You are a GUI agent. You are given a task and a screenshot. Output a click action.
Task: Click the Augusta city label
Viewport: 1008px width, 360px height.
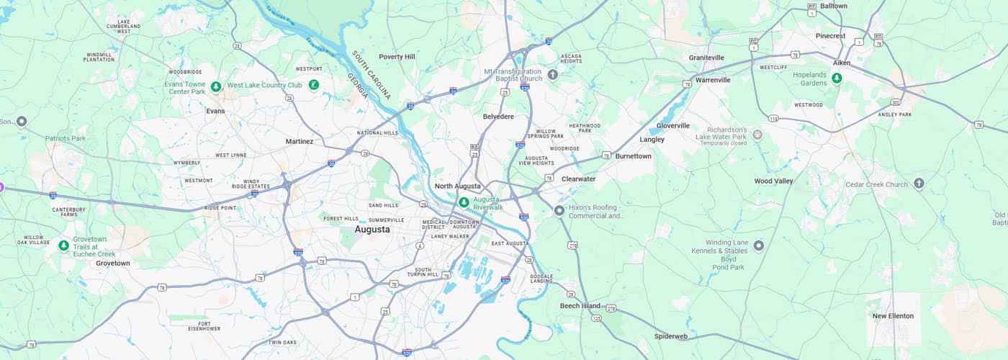click(x=372, y=230)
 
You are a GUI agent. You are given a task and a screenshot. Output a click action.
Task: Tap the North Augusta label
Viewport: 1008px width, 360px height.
click(x=457, y=186)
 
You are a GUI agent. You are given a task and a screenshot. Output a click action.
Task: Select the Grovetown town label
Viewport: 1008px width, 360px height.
click(x=113, y=264)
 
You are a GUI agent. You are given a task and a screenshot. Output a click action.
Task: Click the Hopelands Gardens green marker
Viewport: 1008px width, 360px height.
click(x=837, y=78)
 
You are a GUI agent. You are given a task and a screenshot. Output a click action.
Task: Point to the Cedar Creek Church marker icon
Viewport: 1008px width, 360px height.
click(x=919, y=184)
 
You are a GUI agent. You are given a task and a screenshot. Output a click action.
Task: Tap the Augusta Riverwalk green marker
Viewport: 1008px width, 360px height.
click(x=464, y=202)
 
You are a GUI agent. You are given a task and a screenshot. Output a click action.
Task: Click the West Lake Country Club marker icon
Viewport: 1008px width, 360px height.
click(x=314, y=85)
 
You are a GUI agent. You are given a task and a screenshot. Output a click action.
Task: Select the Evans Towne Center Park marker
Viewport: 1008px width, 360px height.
click(x=215, y=87)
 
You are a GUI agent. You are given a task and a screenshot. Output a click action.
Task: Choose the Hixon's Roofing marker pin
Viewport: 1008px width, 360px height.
click(x=559, y=210)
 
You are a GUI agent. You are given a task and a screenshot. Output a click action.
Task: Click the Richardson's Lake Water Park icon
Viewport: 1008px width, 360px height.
click(x=757, y=135)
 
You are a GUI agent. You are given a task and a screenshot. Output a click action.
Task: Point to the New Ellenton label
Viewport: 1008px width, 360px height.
click(x=893, y=316)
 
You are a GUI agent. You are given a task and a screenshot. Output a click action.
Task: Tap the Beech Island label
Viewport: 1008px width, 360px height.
click(x=580, y=306)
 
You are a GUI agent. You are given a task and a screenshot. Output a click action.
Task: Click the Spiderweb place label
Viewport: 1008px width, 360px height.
click(x=671, y=336)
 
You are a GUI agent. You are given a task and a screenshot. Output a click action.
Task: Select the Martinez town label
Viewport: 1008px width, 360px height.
click(x=300, y=142)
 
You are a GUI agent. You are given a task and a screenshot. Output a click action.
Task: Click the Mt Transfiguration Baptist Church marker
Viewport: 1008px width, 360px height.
click(x=553, y=75)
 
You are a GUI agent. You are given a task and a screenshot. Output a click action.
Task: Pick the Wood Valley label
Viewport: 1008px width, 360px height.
click(x=773, y=181)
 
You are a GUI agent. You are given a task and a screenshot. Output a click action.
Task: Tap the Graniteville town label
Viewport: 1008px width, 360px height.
click(x=706, y=58)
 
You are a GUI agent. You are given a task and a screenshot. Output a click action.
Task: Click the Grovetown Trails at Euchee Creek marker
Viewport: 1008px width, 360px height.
click(x=63, y=246)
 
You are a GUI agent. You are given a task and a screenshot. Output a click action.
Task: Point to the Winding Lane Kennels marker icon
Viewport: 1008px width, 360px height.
click(x=758, y=246)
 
